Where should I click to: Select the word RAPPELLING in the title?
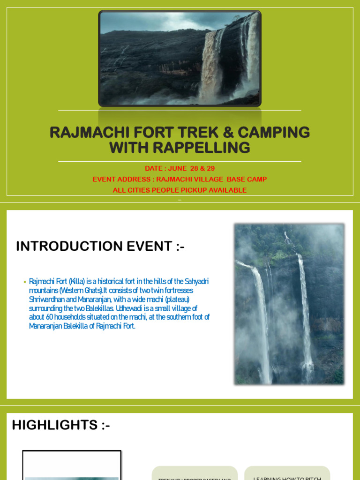click(199, 148)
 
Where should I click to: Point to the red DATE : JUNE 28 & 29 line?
click(180, 168)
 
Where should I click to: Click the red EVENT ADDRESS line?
click(180, 179)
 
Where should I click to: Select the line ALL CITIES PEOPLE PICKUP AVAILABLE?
click(180, 190)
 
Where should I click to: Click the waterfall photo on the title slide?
click(180, 59)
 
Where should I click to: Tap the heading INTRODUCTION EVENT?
click(100, 246)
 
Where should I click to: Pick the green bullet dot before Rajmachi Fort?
click(24, 282)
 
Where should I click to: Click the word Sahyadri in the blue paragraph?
click(197, 281)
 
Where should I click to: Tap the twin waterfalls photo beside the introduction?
click(289, 304)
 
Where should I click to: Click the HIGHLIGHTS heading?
click(61, 425)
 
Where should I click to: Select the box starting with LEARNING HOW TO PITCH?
click(287, 473)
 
